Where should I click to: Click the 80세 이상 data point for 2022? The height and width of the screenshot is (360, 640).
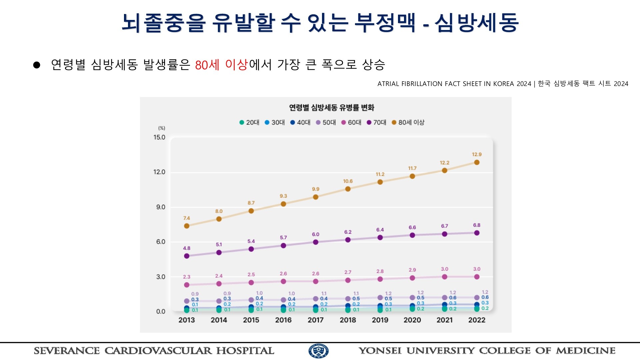pos(477,162)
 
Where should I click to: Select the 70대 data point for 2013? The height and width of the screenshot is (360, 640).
pos(187,256)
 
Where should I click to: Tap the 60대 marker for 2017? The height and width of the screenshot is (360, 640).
pos(316,281)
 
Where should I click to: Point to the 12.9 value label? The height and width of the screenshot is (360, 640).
pos(477,154)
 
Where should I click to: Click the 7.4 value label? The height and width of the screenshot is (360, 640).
pos(187,218)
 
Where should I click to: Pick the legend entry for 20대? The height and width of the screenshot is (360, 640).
pos(249,122)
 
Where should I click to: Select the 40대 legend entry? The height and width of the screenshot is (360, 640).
pos(300,122)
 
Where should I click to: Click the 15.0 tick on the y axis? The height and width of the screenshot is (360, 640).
pos(159,137)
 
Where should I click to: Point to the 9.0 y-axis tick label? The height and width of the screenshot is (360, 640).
pos(161,207)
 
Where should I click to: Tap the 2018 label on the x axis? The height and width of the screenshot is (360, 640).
pos(348,320)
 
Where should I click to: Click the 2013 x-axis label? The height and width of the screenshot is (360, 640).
pos(187,320)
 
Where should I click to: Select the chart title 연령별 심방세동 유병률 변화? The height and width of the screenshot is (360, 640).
pos(332,107)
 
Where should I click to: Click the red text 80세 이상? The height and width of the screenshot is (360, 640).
pos(221,64)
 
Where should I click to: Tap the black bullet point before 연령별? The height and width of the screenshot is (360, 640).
pos(37,65)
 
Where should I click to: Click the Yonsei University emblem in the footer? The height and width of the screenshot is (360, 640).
pos(318,351)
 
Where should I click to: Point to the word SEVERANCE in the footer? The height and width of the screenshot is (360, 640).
pos(67,351)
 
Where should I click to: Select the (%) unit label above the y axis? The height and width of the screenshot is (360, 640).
pos(162,128)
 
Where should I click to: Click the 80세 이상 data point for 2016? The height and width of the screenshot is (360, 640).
pos(283,204)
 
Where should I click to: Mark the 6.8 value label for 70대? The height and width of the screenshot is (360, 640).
pos(477,225)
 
